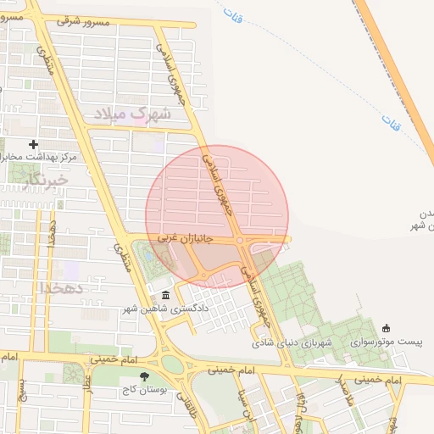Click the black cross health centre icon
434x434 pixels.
click(33, 144)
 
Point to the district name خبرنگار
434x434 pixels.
click(46, 179)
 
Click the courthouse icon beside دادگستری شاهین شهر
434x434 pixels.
click(164, 296)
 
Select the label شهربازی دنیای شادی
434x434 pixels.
click(285, 343)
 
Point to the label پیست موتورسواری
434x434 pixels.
click(387, 342)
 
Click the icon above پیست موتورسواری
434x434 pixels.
click(387, 328)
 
